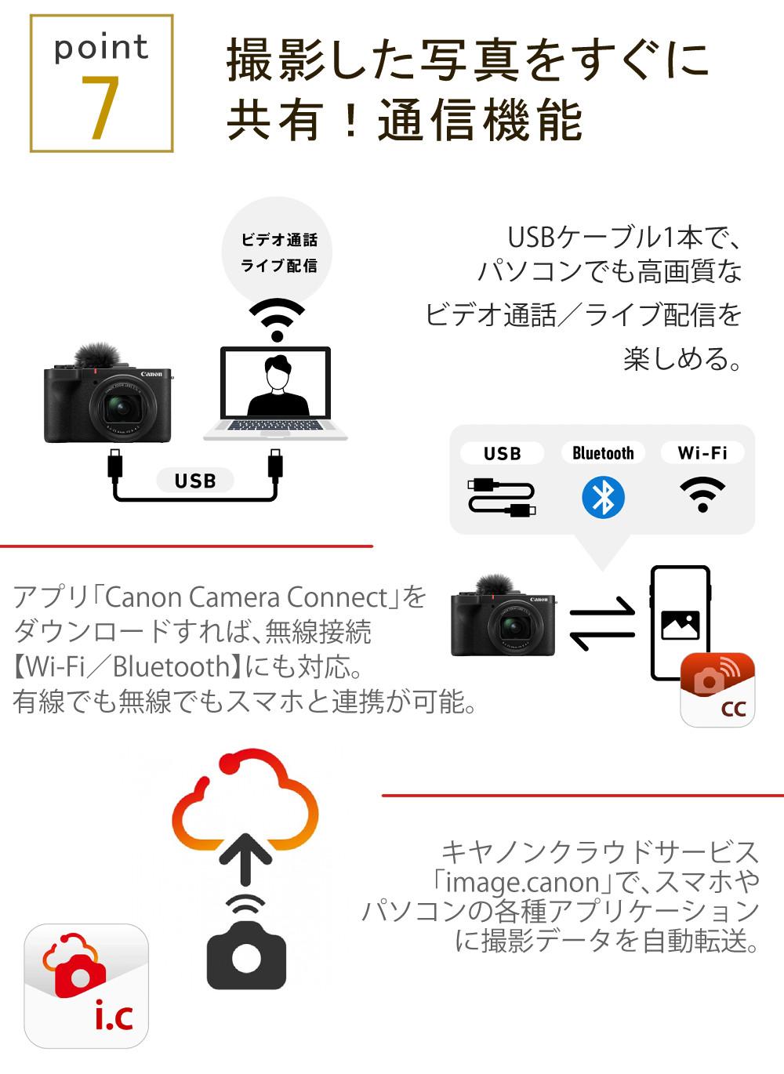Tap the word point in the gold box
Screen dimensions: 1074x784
(x=100, y=48)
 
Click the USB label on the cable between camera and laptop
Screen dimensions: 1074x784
(x=194, y=481)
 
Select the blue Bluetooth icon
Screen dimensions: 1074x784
(x=603, y=498)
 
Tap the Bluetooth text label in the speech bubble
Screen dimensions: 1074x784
(x=603, y=453)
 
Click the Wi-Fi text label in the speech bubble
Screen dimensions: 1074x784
(x=702, y=453)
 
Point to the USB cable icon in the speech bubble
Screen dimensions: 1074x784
(x=502, y=498)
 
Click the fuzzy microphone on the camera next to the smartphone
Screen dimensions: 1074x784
(x=492, y=585)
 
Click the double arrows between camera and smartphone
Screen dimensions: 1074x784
(x=601, y=623)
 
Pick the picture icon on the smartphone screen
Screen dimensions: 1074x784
(x=680, y=624)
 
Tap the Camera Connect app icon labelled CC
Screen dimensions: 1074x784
(x=717, y=690)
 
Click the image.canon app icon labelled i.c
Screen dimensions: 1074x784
(x=86, y=985)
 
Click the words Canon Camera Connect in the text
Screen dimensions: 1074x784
(x=247, y=597)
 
